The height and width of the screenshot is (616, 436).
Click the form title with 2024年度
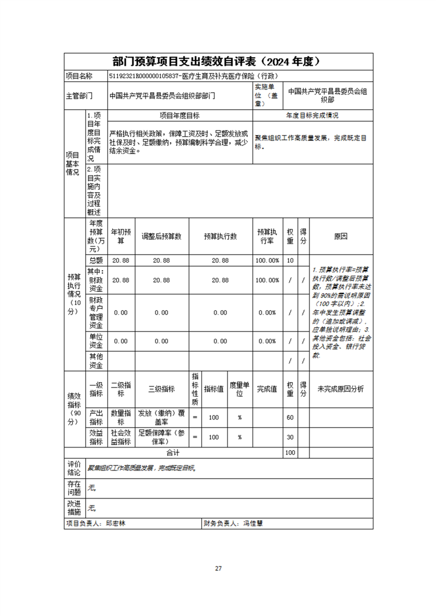(218, 61)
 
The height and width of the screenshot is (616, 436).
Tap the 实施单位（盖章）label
(267, 91)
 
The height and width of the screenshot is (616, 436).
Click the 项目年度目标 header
(180, 116)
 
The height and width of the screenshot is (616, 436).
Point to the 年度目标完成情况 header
(312, 116)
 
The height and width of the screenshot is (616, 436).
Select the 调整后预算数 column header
(162, 236)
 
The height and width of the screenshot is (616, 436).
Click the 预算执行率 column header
(267, 236)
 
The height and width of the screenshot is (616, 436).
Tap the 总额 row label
(96, 260)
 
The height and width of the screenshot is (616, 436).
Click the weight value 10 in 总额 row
(290, 260)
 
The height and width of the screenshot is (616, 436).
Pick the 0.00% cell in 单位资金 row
(267, 341)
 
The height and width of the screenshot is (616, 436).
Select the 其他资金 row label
(96, 361)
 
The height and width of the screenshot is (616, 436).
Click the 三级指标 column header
(162, 389)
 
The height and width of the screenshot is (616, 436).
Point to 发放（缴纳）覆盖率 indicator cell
(162, 417)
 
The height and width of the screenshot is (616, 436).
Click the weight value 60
(290, 417)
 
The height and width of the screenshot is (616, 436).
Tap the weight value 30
(290, 438)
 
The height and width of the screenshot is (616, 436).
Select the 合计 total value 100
(290, 453)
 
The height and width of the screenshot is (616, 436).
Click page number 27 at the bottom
(218, 568)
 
